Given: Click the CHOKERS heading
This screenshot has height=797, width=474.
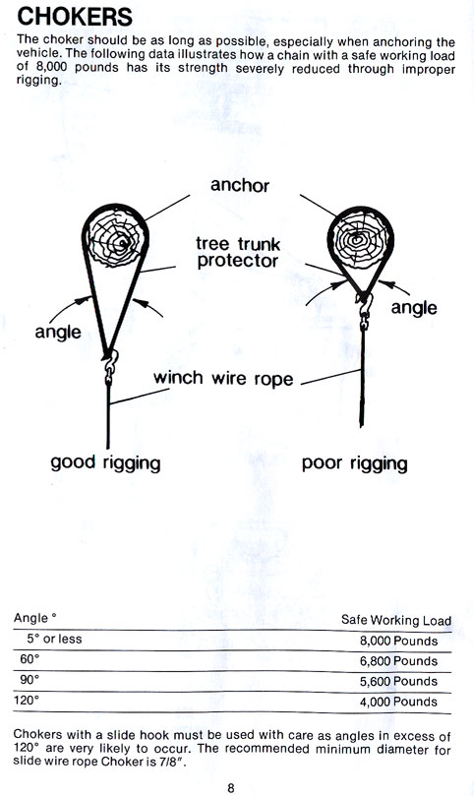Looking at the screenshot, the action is pos(75,17).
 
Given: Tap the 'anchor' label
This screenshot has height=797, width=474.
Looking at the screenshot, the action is pos(240,185).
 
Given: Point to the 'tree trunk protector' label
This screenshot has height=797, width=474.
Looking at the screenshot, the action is pos(238,252).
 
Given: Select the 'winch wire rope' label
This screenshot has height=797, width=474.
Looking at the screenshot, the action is pos(223,379).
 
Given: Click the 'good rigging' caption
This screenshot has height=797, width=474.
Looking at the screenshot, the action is pos(105,463).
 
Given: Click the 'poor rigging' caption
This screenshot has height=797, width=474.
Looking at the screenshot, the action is pos(355,463).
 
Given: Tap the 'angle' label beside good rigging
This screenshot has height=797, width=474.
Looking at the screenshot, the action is pos(58,333).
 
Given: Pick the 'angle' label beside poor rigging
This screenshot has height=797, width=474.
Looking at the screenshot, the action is pos(414,308).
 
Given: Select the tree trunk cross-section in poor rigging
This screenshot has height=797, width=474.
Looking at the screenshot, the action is pos(359,238).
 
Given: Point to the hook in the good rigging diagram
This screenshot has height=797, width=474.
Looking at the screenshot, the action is pos(110,361).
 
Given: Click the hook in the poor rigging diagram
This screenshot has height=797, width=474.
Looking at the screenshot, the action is pos(365,306).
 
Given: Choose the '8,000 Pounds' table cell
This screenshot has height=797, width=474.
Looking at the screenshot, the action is pos(399,641).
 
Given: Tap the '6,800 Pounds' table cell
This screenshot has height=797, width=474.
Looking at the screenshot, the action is pos(399,661).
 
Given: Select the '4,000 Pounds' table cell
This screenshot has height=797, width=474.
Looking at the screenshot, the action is pos(399,702).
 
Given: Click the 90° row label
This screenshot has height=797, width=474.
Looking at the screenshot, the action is pos(30,680).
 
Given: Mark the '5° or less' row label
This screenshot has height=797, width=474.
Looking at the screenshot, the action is pos(54,639).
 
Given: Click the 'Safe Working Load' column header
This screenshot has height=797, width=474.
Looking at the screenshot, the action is pos(396,620).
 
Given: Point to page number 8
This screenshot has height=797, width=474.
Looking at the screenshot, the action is pos(231,788).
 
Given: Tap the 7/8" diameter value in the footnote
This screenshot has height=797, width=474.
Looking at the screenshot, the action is pos(176,762).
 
